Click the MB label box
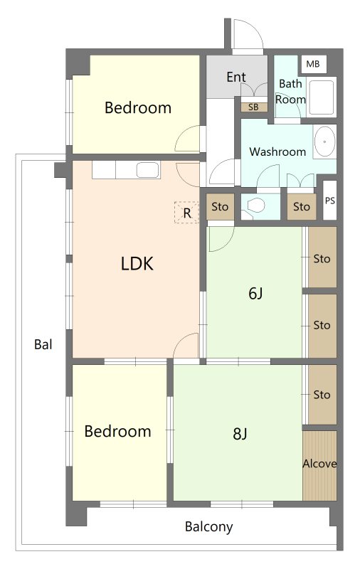(x=313, y=64)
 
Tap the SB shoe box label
(x=254, y=107)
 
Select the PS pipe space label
(x=329, y=201)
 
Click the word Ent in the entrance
(x=236, y=77)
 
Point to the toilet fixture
(x=255, y=206)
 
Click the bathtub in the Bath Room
(x=320, y=97)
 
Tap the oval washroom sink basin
(x=324, y=142)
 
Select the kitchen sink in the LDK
(x=148, y=170)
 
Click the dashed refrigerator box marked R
(x=186, y=212)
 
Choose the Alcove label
(x=319, y=464)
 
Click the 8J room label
(x=240, y=433)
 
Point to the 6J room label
(x=255, y=293)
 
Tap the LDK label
(x=137, y=264)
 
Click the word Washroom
(x=277, y=151)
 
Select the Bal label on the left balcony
(x=43, y=344)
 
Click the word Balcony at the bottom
(x=208, y=527)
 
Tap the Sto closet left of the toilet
(x=220, y=207)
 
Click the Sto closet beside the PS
(x=301, y=207)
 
